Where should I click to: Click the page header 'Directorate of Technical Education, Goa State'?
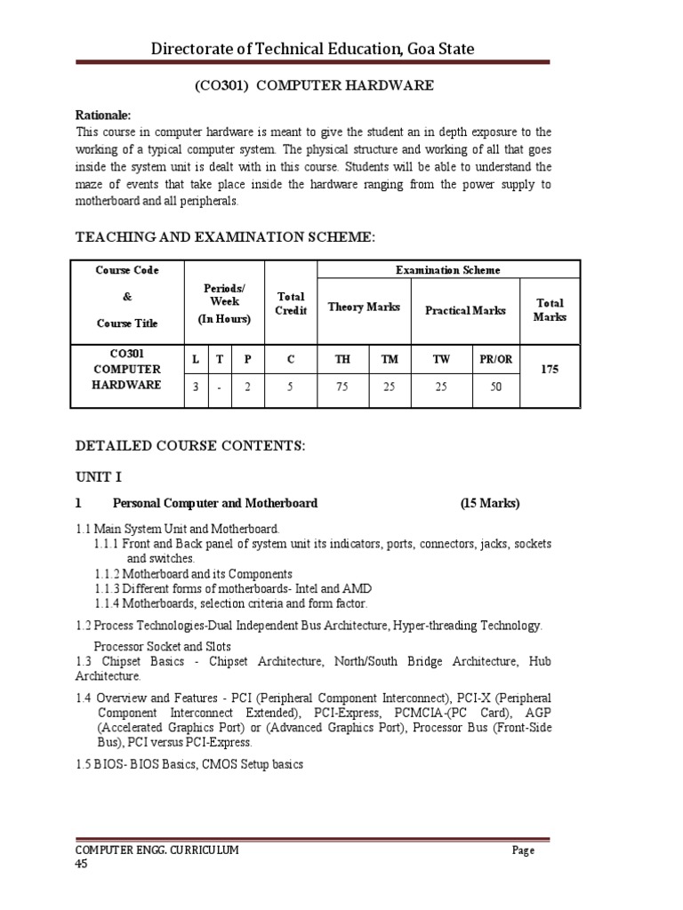point(313,49)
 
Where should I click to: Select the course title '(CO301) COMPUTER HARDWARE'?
point(314,85)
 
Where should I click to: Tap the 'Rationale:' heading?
point(103,116)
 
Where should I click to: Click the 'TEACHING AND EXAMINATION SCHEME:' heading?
point(226,236)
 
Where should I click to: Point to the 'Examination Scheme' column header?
point(448,270)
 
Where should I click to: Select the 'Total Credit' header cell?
point(291,303)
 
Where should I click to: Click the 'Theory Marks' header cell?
point(364,307)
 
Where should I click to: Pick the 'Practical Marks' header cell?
point(465,310)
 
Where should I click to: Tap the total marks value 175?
point(550,368)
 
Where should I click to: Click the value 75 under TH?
point(342,387)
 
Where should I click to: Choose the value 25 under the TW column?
point(441,387)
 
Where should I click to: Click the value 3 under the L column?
point(195,387)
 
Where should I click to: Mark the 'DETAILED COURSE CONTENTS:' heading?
point(190,446)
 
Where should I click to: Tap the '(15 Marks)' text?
point(490,503)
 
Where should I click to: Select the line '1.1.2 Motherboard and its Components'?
point(193,574)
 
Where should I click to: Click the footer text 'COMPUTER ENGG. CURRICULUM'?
point(157,850)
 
